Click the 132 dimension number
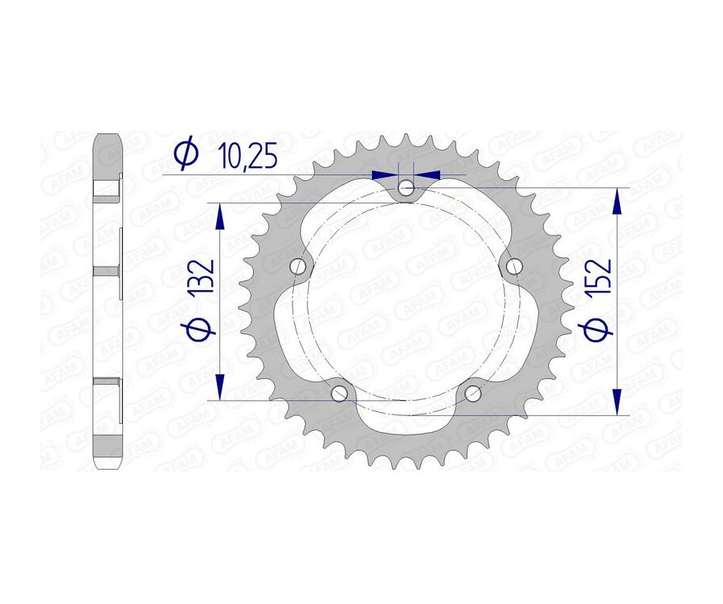click(x=202, y=277)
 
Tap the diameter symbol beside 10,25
click(x=186, y=154)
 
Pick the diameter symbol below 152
click(x=598, y=329)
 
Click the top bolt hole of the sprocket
click(x=406, y=188)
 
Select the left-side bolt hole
click(x=299, y=266)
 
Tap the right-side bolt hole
click(x=513, y=266)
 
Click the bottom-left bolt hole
click(x=340, y=393)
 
